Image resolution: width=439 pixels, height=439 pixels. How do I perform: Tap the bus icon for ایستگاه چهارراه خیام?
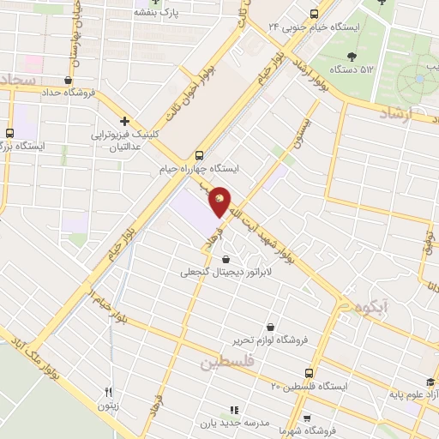pyautogui.click(x=199, y=155)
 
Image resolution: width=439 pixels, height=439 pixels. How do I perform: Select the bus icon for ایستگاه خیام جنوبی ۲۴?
pyautogui.click(x=313, y=14)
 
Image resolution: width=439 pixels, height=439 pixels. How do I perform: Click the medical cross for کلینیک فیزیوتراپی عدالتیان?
pyautogui.click(x=125, y=121)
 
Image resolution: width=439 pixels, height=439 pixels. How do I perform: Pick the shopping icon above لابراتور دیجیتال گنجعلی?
pyautogui.click(x=225, y=259)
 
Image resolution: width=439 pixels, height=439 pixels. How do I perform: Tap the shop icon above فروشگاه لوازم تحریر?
pyautogui.click(x=271, y=327)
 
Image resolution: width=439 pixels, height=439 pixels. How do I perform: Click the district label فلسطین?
pyautogui.click(x=229, y=364)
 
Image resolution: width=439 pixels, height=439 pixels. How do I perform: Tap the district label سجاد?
pyautogui.click(x=17, y=80)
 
